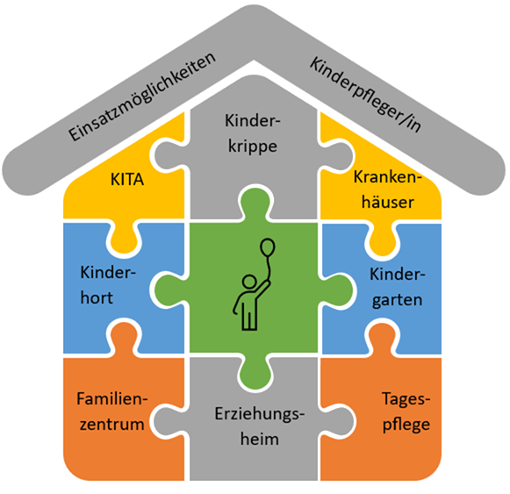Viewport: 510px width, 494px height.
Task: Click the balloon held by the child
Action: point(266,248)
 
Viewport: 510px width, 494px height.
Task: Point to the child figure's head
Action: point(249,283)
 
